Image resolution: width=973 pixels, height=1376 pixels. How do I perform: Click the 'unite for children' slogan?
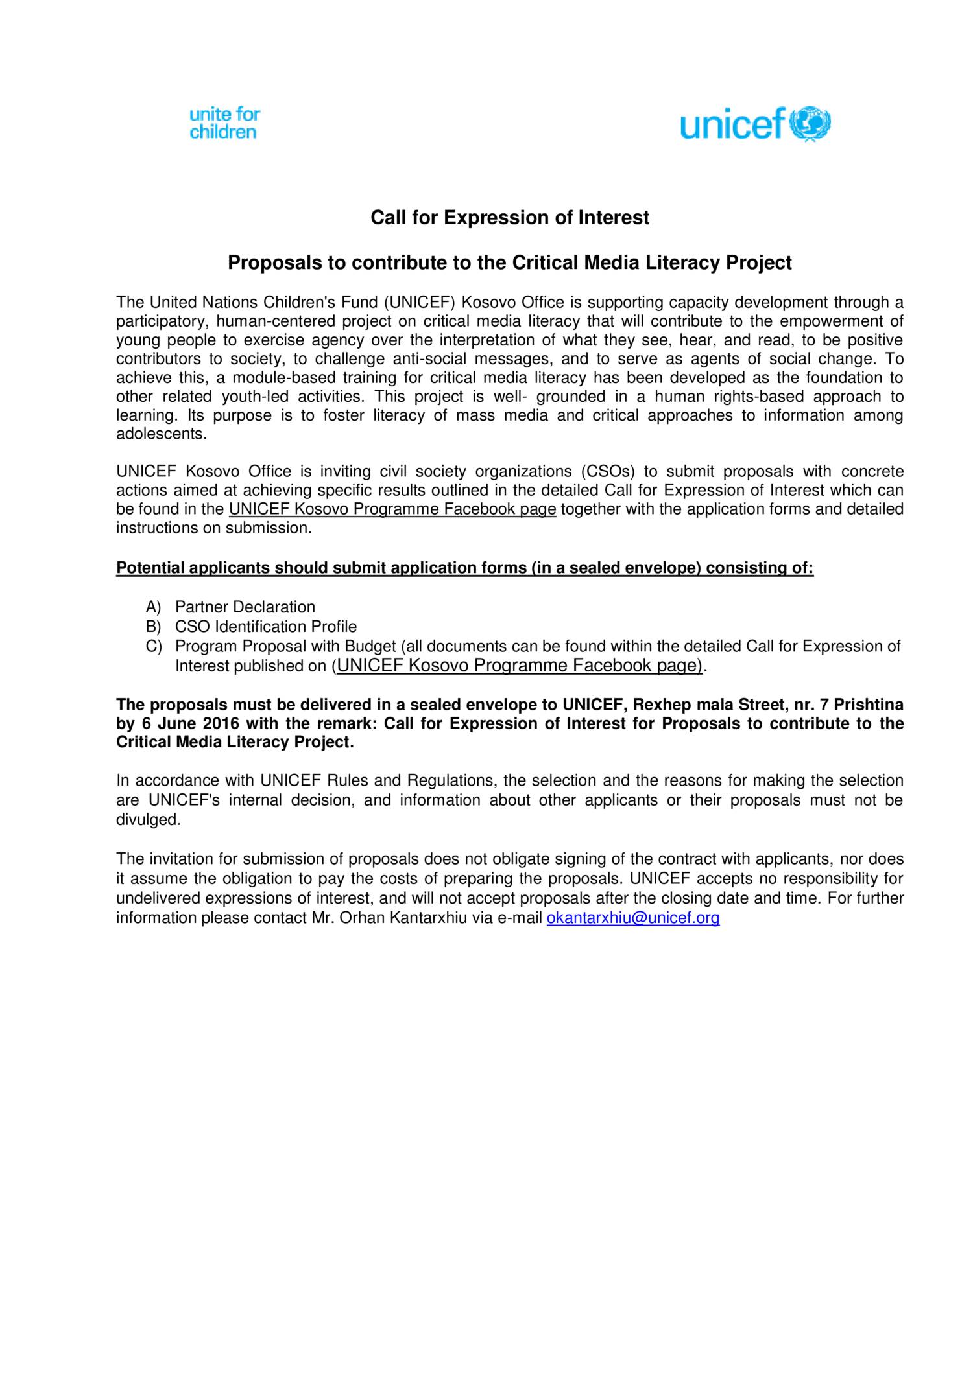coord(224,123)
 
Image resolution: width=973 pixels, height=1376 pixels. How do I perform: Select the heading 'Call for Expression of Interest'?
coord(509,218)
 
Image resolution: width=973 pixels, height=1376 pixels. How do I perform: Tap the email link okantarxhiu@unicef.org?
coord(633,918)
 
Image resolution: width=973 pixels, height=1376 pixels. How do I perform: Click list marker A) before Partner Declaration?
coord(153,607)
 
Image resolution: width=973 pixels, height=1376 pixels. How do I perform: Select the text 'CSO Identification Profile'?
coord(266,627)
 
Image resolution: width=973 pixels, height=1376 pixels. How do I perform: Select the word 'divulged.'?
coord(149,820)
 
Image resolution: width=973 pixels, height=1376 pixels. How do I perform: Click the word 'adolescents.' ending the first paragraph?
coord(161,434)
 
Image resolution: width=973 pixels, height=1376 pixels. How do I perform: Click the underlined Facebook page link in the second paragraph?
coord(392,509)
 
